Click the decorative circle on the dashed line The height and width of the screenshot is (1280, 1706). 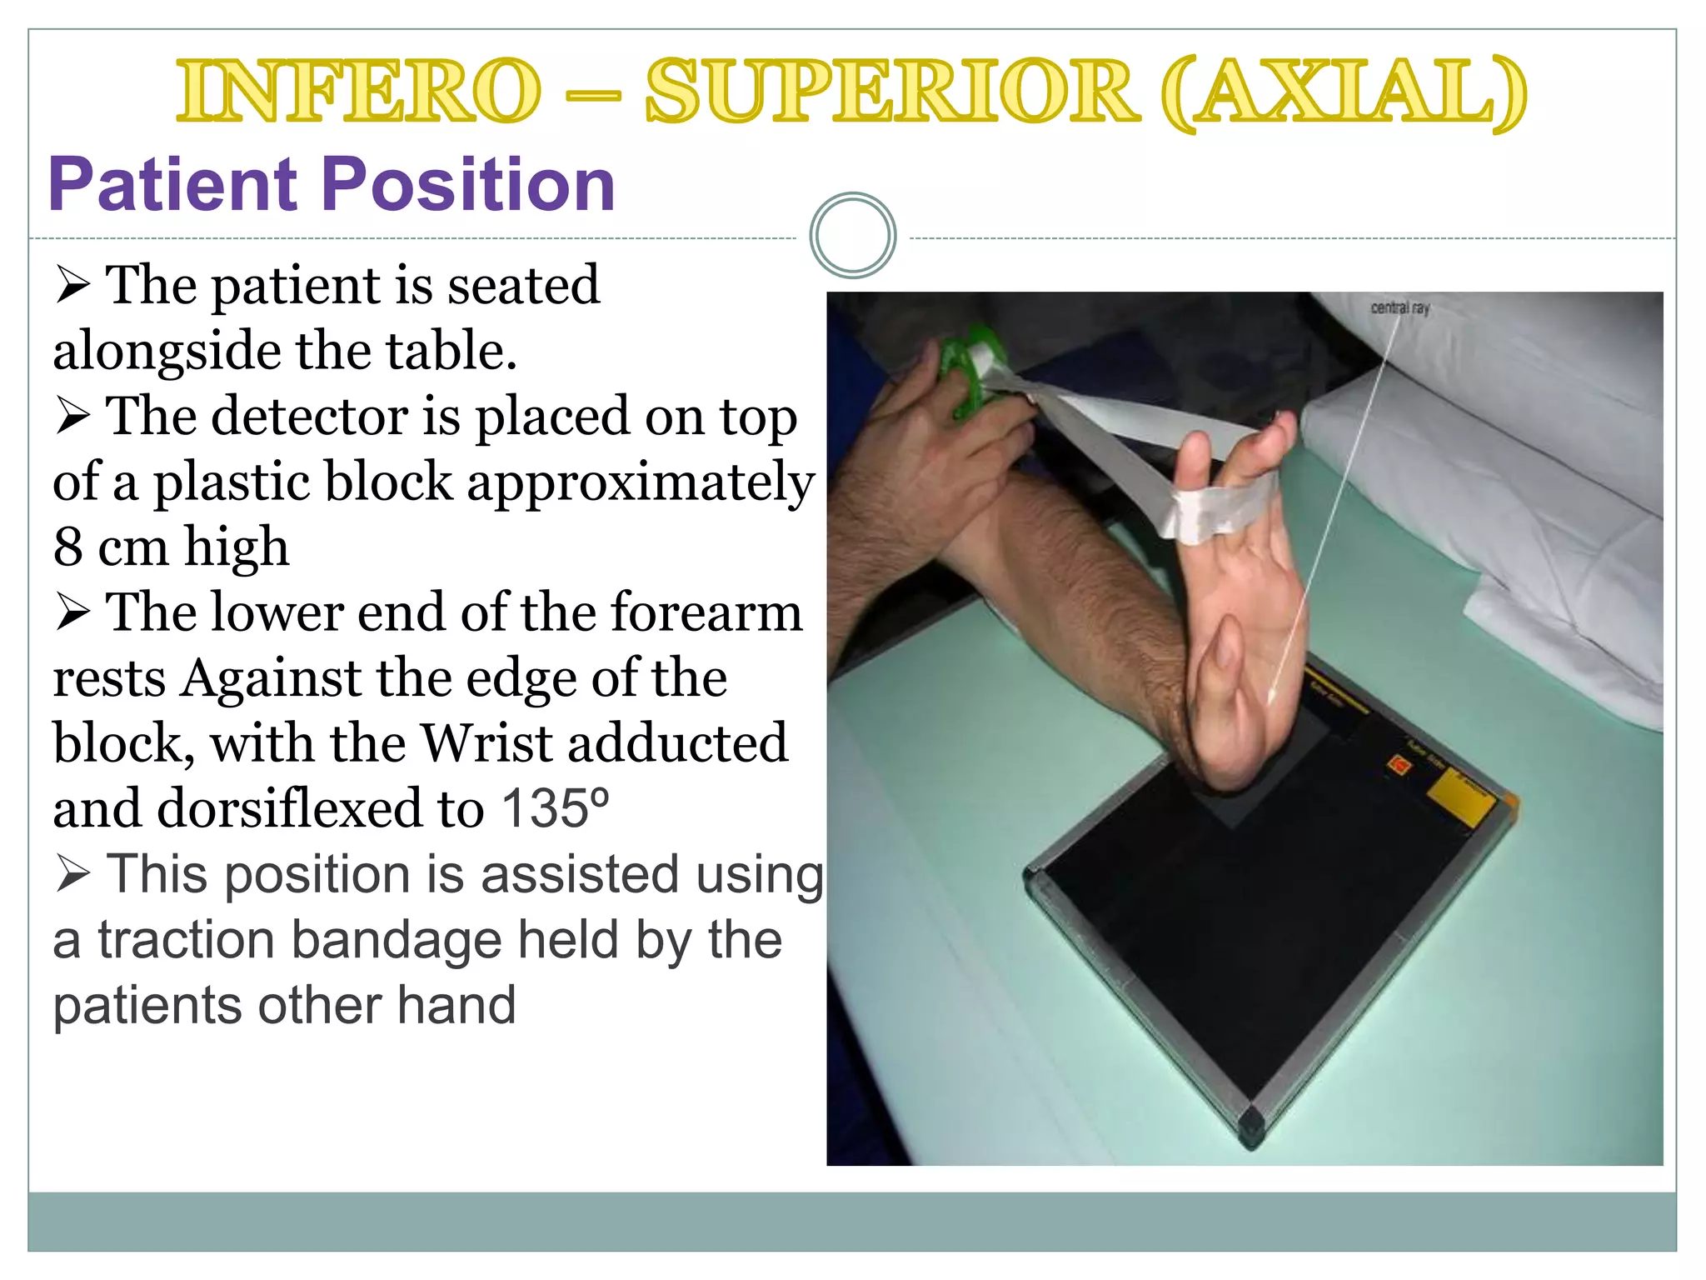point(852,236)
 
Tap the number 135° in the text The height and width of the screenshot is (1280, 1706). point(554,808)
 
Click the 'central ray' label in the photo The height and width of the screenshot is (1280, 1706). point(1399,308)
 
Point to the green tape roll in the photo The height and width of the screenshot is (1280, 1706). point(970,367)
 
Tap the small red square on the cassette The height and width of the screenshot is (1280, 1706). point(1400,765)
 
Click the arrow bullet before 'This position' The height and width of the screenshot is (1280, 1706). point(73,875)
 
